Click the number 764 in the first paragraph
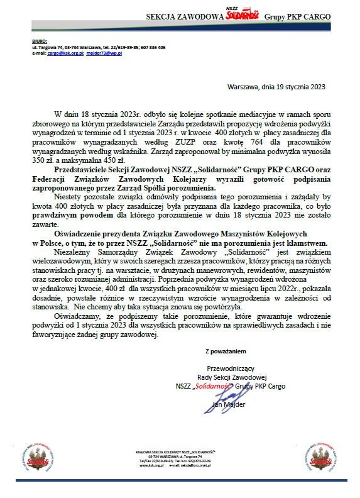[249, 143]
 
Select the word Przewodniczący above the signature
[227, 368]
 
